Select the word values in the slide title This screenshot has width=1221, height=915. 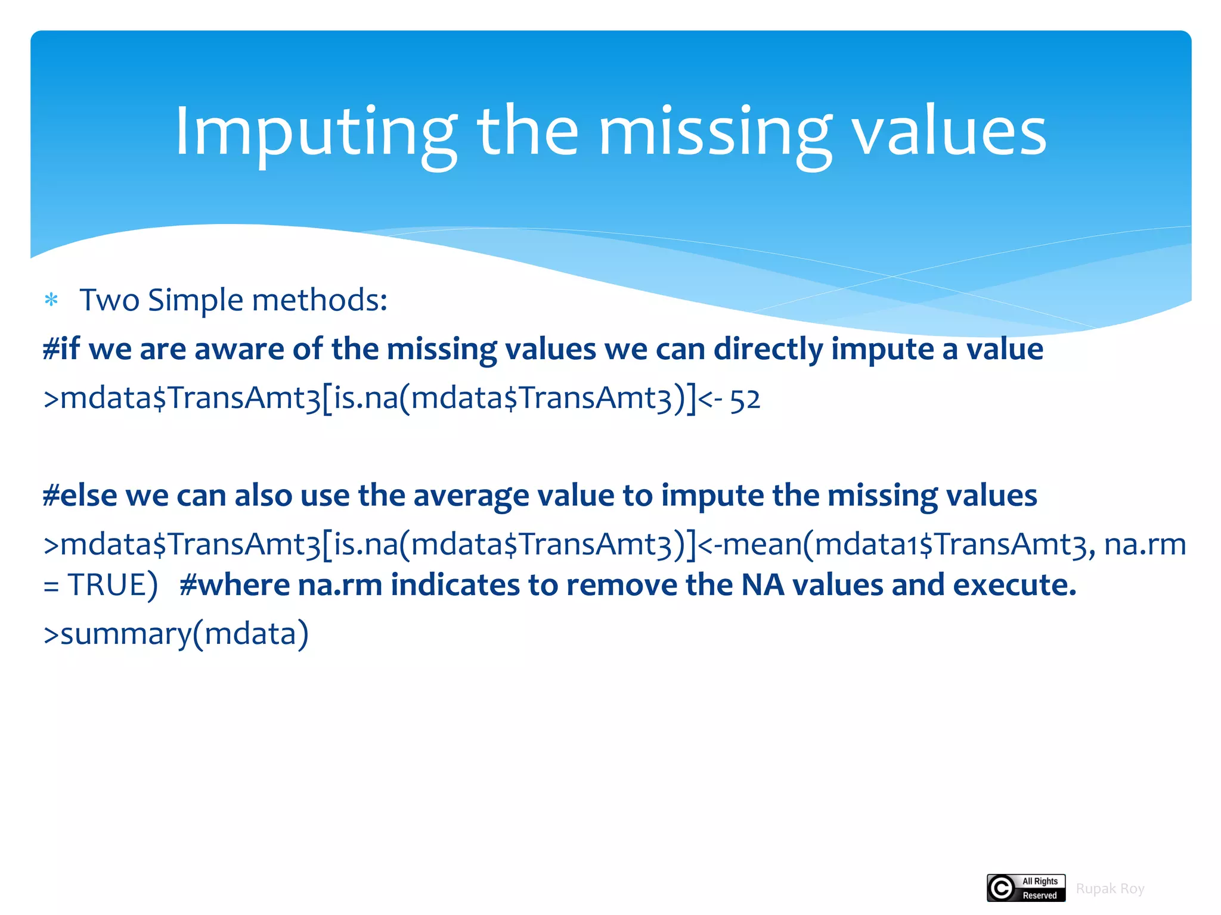point(949,132)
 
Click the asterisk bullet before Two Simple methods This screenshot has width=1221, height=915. point(52,300)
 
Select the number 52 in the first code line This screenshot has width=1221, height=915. point(745,399)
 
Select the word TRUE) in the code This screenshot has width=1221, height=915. point(113,585)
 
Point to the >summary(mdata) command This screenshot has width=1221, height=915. point(176,634)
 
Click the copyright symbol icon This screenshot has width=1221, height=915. point(1002,888)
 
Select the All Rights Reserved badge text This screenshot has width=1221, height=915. point(1040,888)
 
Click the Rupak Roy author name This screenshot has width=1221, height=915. point(1110,889)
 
